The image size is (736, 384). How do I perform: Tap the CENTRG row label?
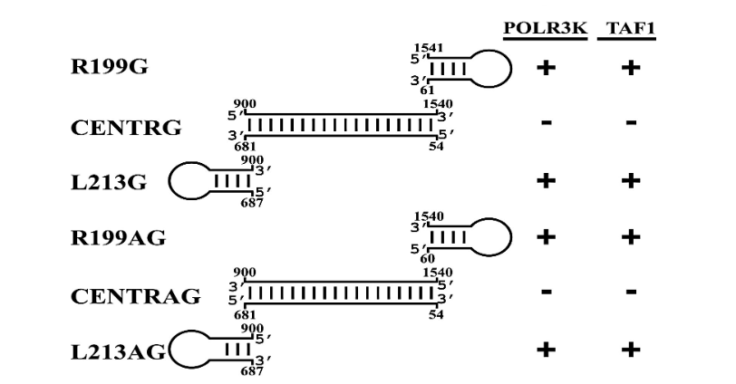tap(125, 127)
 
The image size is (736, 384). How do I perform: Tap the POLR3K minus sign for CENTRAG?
tap(545, 293)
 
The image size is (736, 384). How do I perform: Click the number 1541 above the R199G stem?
tap(426, 46)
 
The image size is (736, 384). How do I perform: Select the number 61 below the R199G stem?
tap(427, 91)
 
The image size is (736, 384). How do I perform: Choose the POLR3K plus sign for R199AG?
tap(545, 237)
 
